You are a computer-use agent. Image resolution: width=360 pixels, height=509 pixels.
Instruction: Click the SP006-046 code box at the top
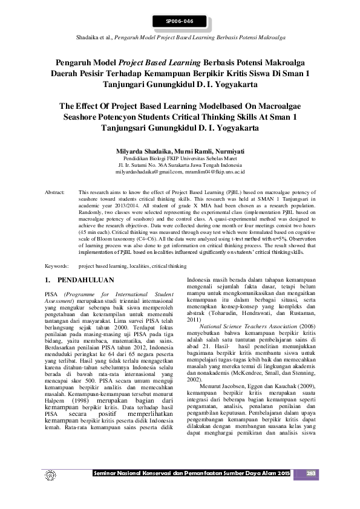click(x=180, y=22)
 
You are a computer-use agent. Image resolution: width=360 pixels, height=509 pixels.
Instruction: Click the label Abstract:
click(x=55, y=192)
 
